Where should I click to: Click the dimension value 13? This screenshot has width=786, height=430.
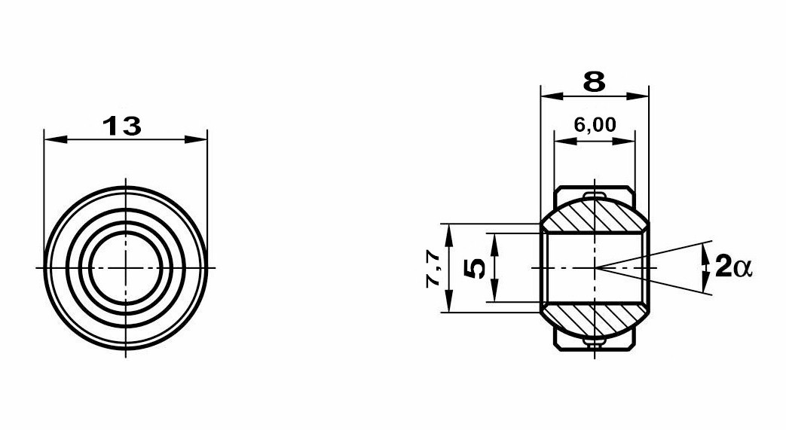tap(122, 126)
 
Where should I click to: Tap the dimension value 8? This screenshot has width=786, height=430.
tap(595, 81)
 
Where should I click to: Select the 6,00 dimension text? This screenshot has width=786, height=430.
tap(595, 124)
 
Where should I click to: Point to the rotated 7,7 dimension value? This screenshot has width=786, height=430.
tap(433, 269)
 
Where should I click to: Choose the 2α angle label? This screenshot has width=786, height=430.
tap(734, 266)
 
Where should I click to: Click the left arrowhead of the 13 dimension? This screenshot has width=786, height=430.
tap(55, 139)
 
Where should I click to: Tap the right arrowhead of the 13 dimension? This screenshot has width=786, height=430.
tap(196, 139)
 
